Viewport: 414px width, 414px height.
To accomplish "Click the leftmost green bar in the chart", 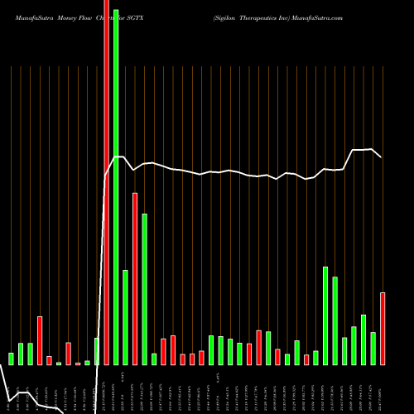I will (x=11, y=359).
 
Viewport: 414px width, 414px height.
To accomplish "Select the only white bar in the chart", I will (x=97, y=351).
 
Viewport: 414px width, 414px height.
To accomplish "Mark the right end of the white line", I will (x=381, y=156).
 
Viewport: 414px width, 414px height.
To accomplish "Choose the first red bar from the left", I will (x=40, y=340).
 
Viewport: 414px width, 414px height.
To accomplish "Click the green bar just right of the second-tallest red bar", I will (x=145, y=289).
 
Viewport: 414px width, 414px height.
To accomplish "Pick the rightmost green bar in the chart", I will (x=373, y=348).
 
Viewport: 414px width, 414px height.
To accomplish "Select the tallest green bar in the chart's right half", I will (x=325, y=315).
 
